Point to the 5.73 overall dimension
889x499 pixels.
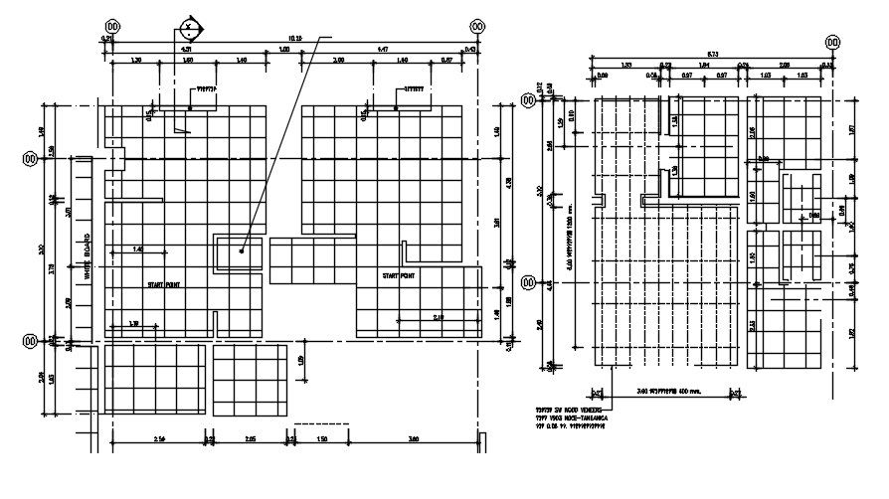click(x=712, y=54)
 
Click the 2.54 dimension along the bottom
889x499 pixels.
click(x=160, y=438)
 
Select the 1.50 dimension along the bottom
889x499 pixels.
click(x=321, y=438)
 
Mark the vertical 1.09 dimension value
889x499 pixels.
click(x=300, y=360)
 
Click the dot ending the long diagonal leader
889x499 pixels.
click(x=242, y=250)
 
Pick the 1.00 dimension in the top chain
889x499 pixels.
click(x=283, y=48)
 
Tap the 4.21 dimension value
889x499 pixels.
click(x=186, y=48)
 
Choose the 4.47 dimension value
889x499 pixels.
click(x=383, y=48)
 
